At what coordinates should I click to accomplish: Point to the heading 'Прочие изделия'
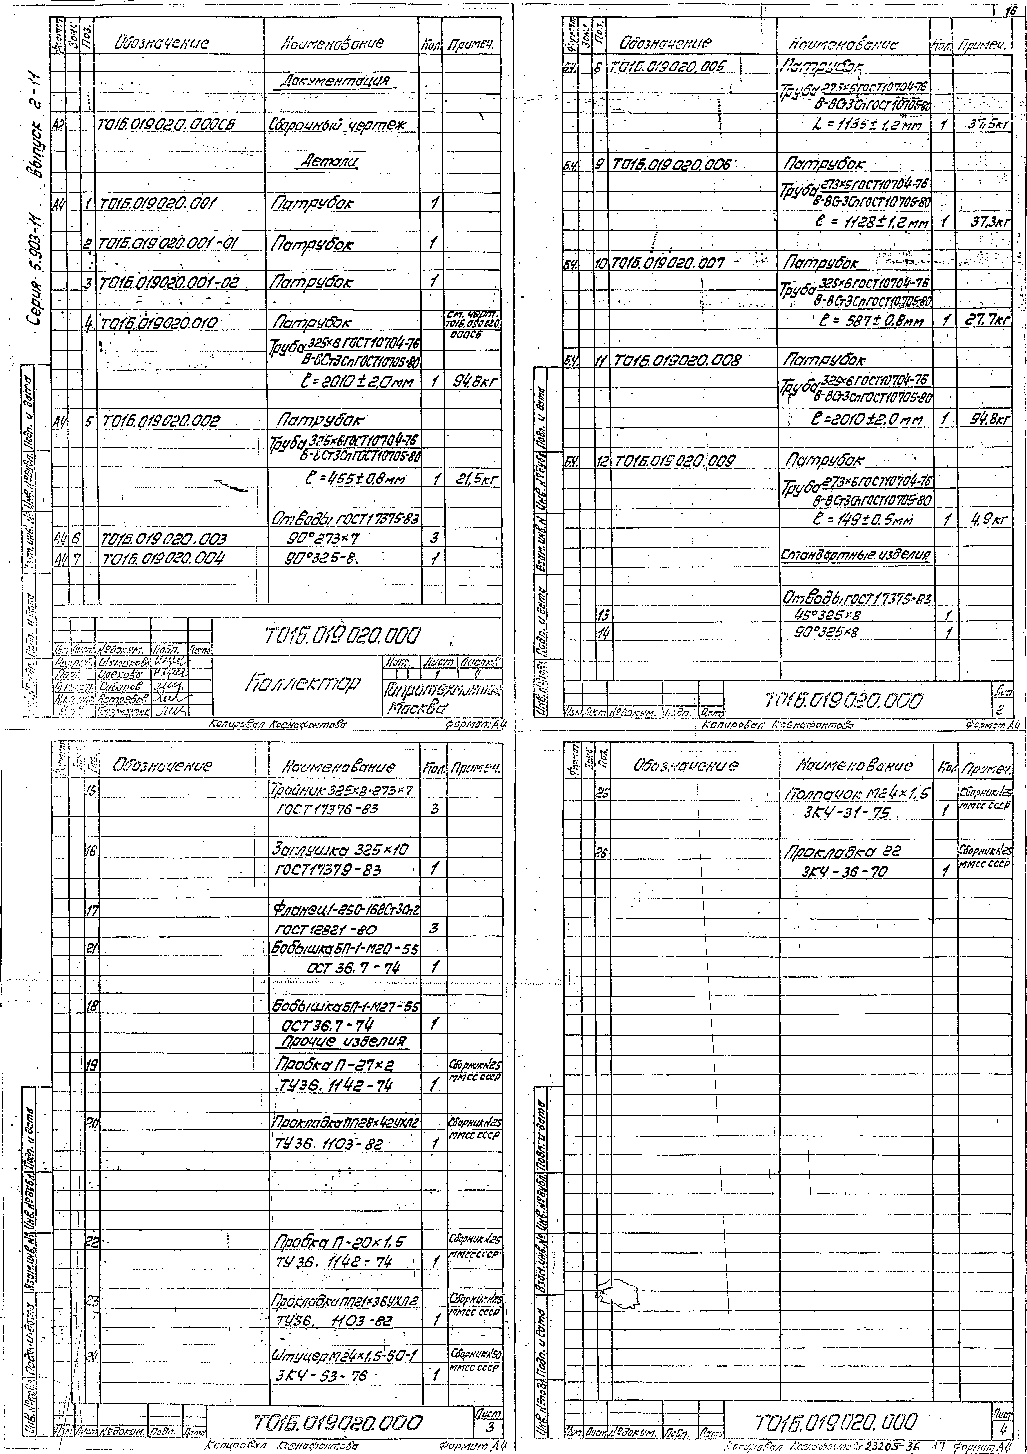pyautogui.click(x=342, y=1042)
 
